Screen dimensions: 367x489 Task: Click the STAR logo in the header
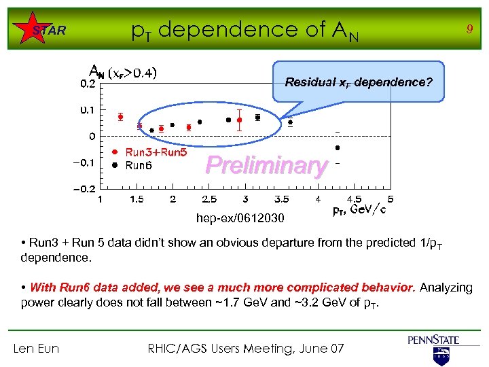click(49, 30)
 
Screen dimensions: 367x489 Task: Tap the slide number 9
click(468, 29)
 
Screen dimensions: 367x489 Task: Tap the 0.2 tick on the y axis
click(88, 84)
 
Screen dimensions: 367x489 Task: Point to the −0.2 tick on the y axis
click(86, 189)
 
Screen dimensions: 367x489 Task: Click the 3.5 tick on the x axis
click(281, 199)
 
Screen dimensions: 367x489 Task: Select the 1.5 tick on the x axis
click(137, 199)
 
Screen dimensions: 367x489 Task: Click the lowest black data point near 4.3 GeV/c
click(338, 147)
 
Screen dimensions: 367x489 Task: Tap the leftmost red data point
click(120, 116)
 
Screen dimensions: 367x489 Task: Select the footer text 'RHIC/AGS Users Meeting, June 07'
click(246, 349)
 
